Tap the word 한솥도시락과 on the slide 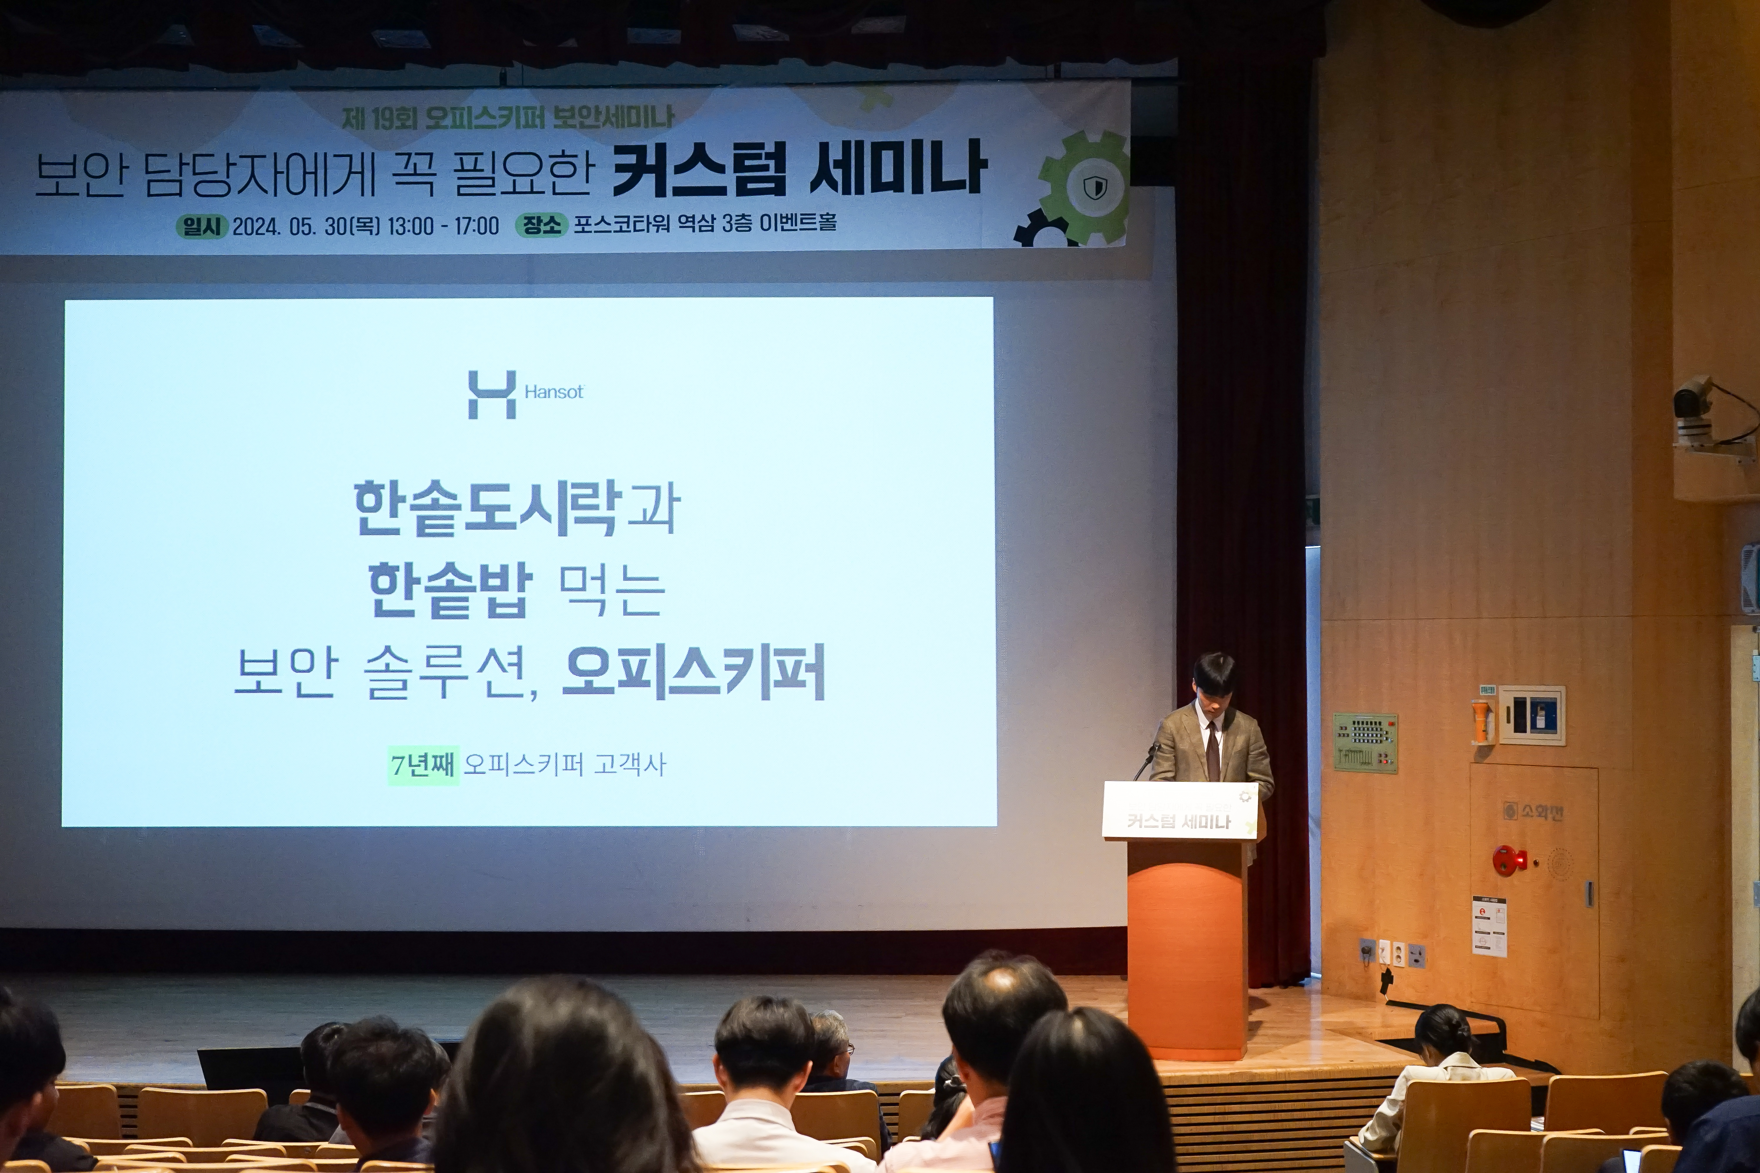(516, 509)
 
